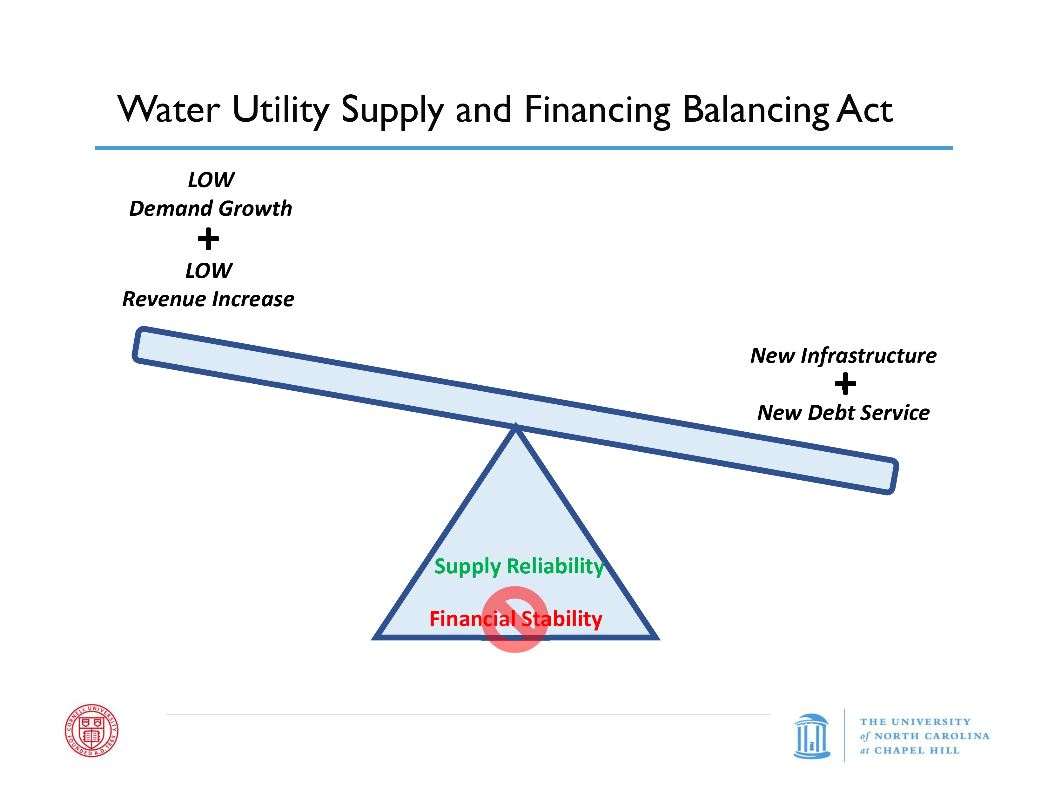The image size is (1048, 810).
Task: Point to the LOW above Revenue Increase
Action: (209, 271)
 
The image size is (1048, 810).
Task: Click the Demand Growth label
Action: (211, 209)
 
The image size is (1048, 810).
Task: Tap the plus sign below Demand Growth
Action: (208, 239)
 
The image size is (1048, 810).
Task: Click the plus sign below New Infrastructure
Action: (845, 384)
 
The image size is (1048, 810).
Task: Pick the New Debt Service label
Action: (843, 413)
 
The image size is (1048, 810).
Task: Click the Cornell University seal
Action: (92, 730)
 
